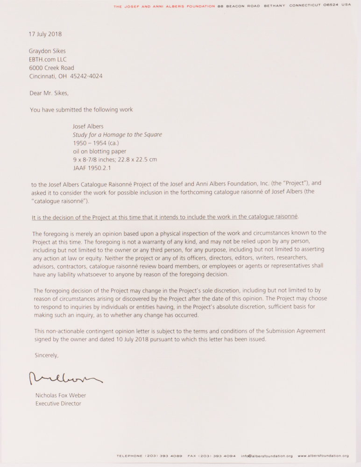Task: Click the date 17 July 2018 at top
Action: coord(45,34)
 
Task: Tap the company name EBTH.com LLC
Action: coord(48,59)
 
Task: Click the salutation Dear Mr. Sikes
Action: coord(49,93)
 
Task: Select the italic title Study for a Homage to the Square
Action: coord(117,134)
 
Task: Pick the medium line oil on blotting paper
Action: coord(99,151)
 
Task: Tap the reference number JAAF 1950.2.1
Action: coord(92,168)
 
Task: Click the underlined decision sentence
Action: coord(165,217)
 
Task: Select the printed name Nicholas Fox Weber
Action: coord(61,396)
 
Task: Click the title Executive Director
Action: coord(58,403)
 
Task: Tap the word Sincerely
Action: coord(47,355)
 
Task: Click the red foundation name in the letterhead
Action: coord(164,6)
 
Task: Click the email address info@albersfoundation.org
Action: coord(267,456)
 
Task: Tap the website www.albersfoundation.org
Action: coord(323,456)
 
